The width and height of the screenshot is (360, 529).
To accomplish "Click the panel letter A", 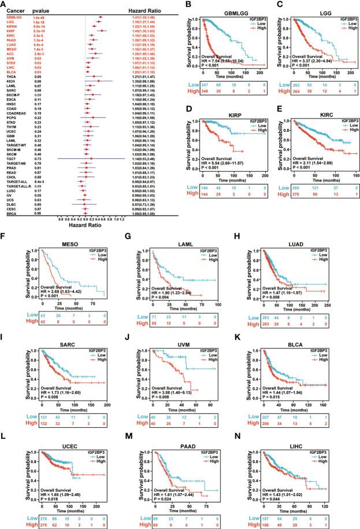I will coord(5,5).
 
